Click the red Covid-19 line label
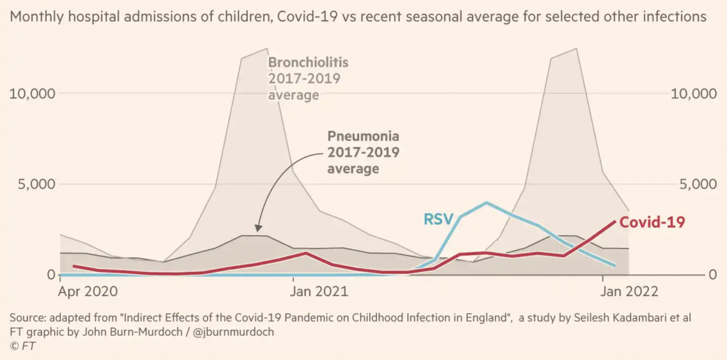[652, 222]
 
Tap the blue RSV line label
[437, 219]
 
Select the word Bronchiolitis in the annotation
[307, 62]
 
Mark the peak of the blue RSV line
[486, 203]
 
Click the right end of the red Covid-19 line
[615, 222]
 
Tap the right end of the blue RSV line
[615, 266]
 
